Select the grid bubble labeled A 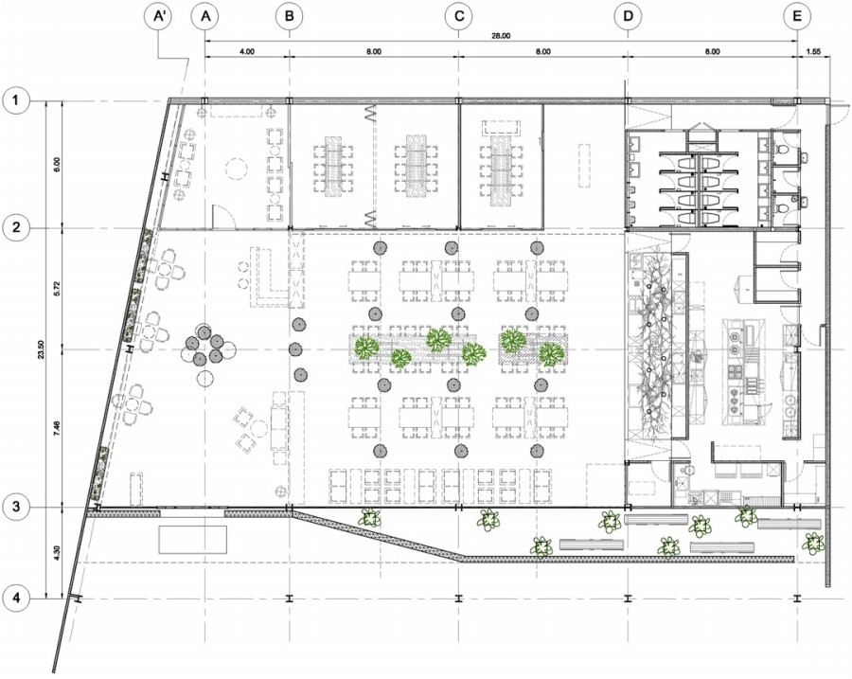point(204,16)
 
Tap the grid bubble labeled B point(289,16)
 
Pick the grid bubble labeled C point(458,16)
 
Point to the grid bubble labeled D point(629,16)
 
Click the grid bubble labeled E point(797,16)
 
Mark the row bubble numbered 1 point(17,100)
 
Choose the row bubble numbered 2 point(17,227)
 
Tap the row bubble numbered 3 point(17,507)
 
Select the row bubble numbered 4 point(17,598)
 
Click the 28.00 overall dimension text point(501,36)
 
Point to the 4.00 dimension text point(247,52)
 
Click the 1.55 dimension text point(813,52)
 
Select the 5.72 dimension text point(58,288)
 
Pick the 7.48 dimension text point(58,428)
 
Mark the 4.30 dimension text point(58,553)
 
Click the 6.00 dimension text point(58,164)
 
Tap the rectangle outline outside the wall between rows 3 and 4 point(192,539)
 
